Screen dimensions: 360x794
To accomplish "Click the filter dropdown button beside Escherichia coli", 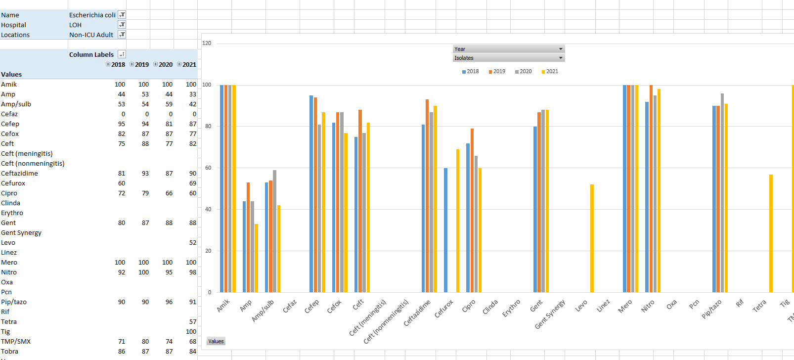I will (122, 15).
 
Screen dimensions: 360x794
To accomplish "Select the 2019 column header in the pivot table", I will (142, 64).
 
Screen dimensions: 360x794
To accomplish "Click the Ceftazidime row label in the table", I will (19, 173).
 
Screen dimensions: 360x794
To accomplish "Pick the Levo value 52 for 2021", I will (192, 242).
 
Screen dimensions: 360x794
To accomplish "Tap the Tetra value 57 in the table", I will (192, 321).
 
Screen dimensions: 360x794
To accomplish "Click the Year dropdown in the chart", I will (508, 49).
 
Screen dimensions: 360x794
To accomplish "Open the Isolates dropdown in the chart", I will (508, 58).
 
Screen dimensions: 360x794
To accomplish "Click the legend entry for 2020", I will (523, 71).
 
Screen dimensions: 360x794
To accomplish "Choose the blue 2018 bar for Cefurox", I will (445, 230).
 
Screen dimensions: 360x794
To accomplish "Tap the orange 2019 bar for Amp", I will (248, 237).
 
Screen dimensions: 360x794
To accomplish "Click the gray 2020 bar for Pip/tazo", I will (722, 193).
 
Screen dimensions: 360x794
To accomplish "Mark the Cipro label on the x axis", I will (468, 306).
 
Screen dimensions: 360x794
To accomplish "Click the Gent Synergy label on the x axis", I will (550, 315).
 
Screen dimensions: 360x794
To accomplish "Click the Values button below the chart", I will (216, 341).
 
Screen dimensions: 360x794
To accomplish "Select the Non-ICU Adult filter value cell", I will (91, 35).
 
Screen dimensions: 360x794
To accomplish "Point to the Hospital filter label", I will (14, 25).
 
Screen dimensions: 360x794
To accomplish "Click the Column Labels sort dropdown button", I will (122, 54).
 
